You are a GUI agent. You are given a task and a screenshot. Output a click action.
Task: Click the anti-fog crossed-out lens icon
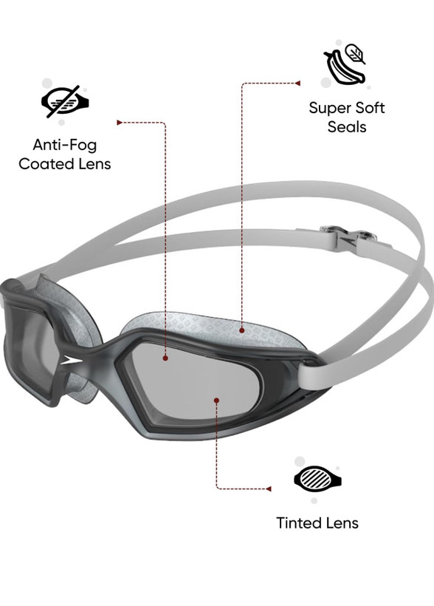coord(65,102)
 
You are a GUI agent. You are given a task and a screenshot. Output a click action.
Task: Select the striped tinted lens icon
coord(317,478)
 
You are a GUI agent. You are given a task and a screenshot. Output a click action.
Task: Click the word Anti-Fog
coord(65,145)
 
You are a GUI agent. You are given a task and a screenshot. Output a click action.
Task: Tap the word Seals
coord(347,127)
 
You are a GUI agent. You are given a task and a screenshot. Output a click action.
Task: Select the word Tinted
coord(297,523)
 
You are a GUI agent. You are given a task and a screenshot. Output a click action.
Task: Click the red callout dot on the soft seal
coord(241,330)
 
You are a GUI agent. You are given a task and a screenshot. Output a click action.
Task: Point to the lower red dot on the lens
coord(216,401)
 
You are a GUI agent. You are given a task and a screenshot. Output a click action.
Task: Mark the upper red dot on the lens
coord(165,358)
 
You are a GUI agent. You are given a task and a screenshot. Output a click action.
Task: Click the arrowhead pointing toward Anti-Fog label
coord(120,123)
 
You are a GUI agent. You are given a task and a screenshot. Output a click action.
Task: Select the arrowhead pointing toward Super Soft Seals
coord(297,83)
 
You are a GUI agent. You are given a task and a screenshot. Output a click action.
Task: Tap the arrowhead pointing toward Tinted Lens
coord(269,489)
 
